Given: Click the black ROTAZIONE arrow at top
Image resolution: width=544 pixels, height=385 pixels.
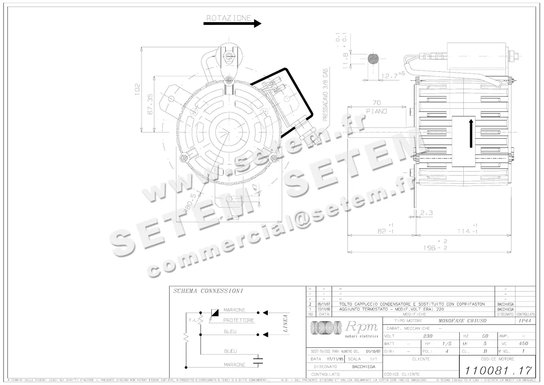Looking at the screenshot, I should [x=232, y=24].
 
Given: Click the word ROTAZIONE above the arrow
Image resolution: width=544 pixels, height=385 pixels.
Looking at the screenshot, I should [x=228, y=18].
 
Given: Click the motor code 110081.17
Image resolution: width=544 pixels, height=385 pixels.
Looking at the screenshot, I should [x=495, y=369].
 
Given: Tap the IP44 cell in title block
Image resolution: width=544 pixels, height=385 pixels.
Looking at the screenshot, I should [x=525, y=321].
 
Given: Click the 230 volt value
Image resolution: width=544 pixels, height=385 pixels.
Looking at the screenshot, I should [x=427, y=336].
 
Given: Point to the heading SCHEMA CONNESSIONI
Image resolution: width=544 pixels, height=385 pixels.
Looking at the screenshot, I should [x=209, y=291].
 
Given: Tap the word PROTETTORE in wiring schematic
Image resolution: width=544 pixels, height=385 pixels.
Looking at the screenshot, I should [x=238, y=320].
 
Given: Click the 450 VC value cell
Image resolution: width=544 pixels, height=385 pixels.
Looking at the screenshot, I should [x=524, y=344].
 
